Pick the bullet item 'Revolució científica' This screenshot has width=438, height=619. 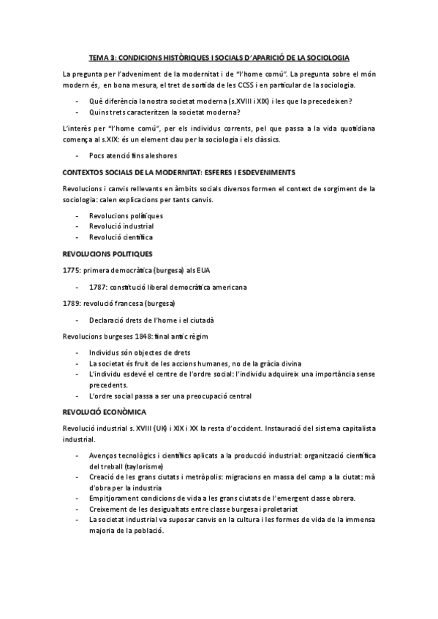[x=121, y=237]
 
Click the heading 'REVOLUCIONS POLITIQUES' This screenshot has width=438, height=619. [x=107, y=253]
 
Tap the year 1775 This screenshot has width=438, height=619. [x=71, y=269]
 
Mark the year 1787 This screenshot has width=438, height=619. [x=98, y=286]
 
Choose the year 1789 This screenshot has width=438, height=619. [x=71, y=303]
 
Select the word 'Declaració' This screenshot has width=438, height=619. [x=108, y=320]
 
